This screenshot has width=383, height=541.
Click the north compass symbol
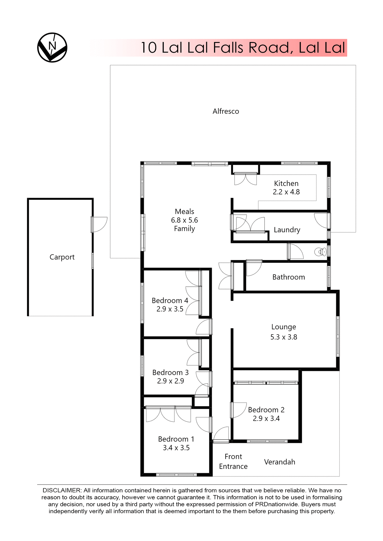(52, 47)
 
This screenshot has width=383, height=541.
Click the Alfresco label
(226, 111)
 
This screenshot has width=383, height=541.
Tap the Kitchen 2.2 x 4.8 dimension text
(286, 192)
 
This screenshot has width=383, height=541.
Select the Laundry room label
(287, 230)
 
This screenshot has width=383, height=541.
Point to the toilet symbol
(320, 252)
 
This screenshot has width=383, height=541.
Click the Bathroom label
(289, 277)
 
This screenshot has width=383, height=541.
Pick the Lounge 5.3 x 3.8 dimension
(284, 337)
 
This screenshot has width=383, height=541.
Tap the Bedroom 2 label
(266, 410)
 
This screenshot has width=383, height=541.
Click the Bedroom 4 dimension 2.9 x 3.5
(170, 309)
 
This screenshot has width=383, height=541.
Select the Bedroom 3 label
(170, 373)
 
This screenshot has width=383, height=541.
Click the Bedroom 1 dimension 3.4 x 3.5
(176, 448)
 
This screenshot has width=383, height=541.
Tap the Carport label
(62, 257)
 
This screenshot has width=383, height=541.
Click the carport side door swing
(100, 224)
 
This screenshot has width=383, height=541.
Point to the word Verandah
(279, 462)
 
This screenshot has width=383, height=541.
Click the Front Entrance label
(233, 461)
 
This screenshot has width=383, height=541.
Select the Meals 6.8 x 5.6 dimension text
(184, 220)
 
